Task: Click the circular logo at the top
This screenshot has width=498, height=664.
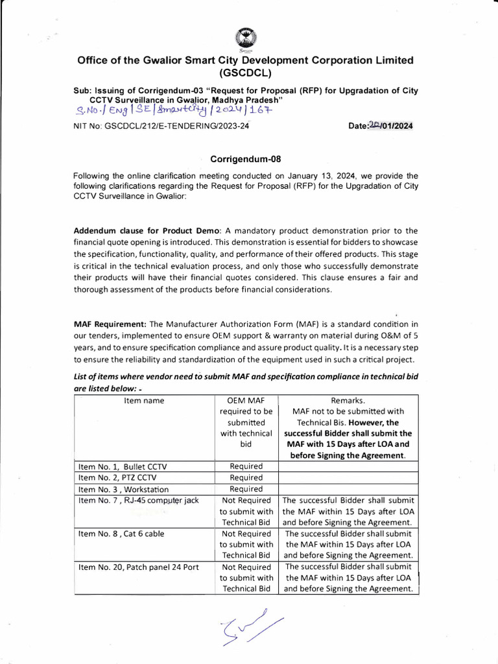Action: [x=245, y=37]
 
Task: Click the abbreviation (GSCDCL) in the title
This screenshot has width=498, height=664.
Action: [x=245, y=73]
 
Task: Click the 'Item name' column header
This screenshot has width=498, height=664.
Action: [x=144, y=401]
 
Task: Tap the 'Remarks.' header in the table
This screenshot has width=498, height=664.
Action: [x=348, y=401]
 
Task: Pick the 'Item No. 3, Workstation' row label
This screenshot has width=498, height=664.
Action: [x=114, y=490]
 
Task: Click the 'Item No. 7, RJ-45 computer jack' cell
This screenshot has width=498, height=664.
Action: [x=138, y=501]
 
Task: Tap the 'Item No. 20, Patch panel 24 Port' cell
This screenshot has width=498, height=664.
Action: [x=138, y=567]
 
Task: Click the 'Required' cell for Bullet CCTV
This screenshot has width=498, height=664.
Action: [x=246, y=466]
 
